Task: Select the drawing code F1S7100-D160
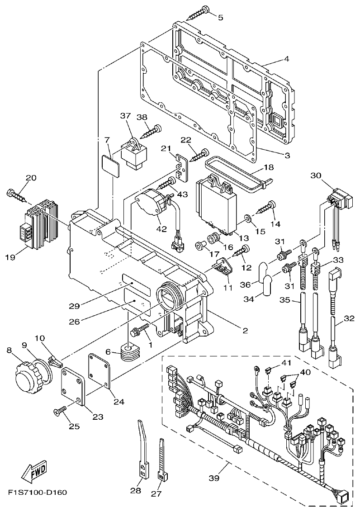pos(37,492)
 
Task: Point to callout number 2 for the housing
pos(245,331)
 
